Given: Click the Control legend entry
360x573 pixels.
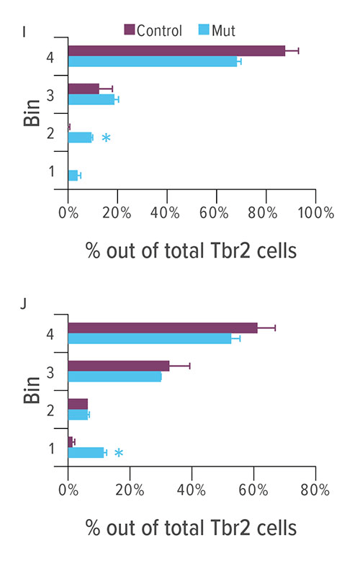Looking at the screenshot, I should tap(153, 30).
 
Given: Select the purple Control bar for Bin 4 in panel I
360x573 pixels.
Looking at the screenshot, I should tap(176, 50).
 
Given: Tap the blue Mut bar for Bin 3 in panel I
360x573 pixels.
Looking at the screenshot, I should tap(91, 99).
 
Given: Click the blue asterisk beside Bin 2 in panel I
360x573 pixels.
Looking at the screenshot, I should tap(106, 137).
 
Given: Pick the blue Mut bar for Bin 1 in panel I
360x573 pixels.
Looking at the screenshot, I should tap(73, 175).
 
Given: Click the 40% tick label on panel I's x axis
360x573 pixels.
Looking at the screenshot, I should tap(166, 213).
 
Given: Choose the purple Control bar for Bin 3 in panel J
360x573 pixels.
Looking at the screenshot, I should tap(118, 366).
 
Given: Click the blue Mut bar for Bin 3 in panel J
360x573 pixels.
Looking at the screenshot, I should tap(114, 376).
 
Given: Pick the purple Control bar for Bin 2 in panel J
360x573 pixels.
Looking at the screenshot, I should tap(78, 404).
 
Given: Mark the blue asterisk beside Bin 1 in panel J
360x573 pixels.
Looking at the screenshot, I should tap(119, 453).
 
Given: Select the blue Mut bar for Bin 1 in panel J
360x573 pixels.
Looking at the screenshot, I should tap(86, 452).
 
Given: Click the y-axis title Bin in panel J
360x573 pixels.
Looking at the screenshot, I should tap(31, 388).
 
